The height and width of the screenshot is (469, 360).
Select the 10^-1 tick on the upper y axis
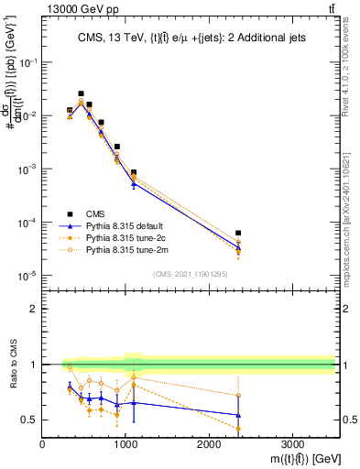click(x=27, y=62)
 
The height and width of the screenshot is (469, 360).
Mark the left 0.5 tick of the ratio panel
click(x=33, y=420)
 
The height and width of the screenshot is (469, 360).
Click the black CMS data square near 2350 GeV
click(x=238, y=234)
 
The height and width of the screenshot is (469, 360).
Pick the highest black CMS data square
click(x=81, y=93)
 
